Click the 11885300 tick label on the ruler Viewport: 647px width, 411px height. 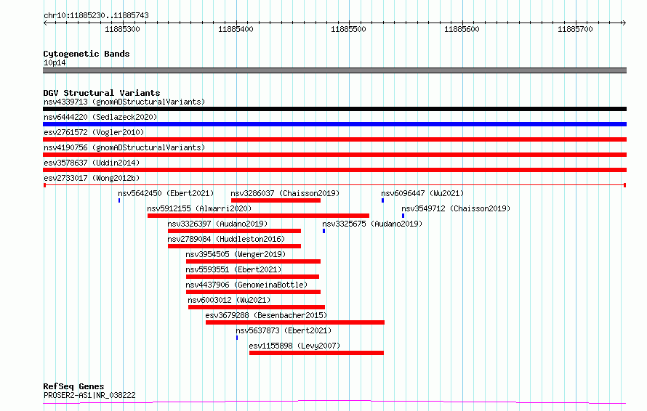click(122, 29)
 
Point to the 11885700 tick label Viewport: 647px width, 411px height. click(575, 29)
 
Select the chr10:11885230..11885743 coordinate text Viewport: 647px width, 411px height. click(96, 16)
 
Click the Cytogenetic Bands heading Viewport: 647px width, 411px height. click(87, 54)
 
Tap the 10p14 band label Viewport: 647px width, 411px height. click(55, 62)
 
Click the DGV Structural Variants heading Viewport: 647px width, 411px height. click(102, 93)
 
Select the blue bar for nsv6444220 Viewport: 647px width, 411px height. click(334, 124)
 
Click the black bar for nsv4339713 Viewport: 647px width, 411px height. click(334, 109)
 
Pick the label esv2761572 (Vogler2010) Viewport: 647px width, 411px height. click(94, 132)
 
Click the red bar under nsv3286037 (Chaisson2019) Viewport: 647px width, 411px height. click(276, 200)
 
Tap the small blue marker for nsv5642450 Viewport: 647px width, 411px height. click(119, 200)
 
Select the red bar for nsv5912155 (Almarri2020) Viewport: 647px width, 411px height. click(258, 216)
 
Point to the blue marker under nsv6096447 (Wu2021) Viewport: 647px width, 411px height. click(382, 200)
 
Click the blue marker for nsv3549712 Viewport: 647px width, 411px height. click(403, 216)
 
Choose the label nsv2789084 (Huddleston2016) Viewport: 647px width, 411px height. click(226, 239)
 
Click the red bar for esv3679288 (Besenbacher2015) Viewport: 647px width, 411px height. click(295, 322)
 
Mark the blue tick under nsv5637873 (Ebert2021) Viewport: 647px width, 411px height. click(237, 338)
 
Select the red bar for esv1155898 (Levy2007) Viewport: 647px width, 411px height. click(316, 353)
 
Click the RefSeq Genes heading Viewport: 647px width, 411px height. click(73, 386)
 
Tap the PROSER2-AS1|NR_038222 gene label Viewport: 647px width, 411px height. click(89, 395)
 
